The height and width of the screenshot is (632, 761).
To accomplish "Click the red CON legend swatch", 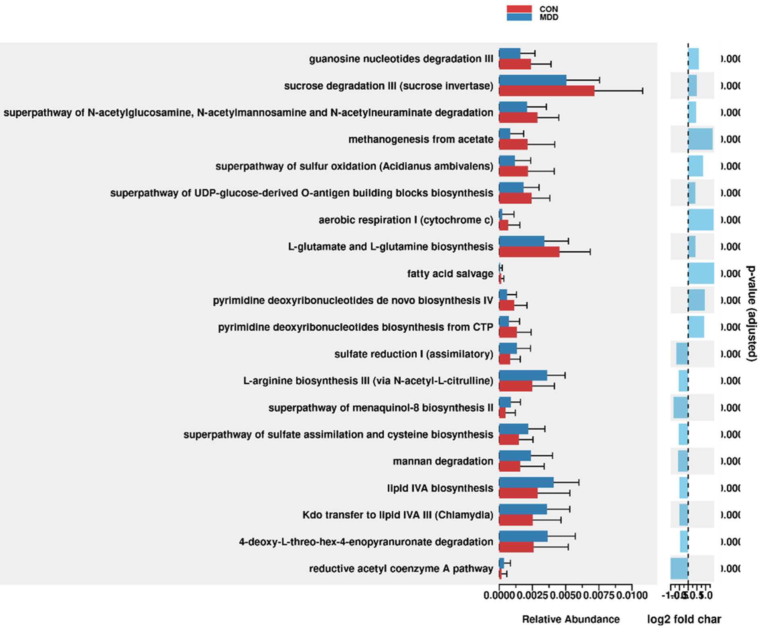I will pyautogui.click(x=519, y=9).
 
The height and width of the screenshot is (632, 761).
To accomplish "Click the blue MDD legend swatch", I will pyautogui.click(x=519, y=17).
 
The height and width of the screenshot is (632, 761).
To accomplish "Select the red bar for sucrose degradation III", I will pyautogui.click(x=546, y=91).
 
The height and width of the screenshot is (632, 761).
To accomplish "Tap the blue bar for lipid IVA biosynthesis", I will pyautogui.click(x=526, y=483).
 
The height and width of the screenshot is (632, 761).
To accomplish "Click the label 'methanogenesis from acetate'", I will pyautogui.click(x=420, y=139).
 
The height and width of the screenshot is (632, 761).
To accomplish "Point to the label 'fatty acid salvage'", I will pyautogui.click(x=450, y=274).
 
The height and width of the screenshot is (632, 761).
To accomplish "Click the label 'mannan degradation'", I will pyautogui.click(x=443, y=461).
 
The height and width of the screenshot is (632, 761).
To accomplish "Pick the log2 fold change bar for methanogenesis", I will pyautogui.click(x=700, y=139).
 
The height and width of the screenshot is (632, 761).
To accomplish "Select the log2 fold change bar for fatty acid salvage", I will pyautogui.click(x=701, y=274).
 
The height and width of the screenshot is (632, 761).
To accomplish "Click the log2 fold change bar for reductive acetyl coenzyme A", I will pyautogui.click(x=679, y=568).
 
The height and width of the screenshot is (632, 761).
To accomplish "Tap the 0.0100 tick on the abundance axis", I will pyautogui.click(x=632, y=595).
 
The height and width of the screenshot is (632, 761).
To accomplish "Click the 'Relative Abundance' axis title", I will pyautogui.click(x=571, y=619).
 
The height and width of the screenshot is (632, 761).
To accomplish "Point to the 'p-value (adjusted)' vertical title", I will pyautogui.click(x=751, y=313).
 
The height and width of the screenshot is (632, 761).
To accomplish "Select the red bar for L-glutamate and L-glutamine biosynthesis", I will pyautogui.click(x=529, y=252).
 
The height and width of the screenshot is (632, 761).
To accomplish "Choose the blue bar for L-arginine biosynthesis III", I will pyautogui.click(x=523, y=376).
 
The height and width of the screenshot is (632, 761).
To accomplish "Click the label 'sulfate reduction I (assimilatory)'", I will pyautogui.click(x=414, y=354).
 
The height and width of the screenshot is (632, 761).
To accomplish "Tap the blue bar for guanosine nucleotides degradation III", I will pyautogui.click(x=509, y=53).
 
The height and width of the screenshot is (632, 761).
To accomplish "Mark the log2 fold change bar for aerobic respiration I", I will pyautogui.click(x=701, y=220).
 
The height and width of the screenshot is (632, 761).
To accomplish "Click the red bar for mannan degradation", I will pyautogui.click(x=509, y=467).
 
